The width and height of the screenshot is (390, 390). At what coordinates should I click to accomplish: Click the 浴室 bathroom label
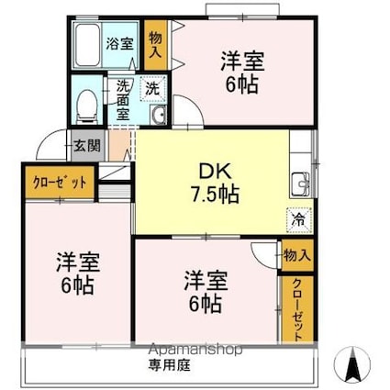point(120,43)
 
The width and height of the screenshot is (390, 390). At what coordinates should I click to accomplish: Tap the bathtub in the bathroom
point(87,45)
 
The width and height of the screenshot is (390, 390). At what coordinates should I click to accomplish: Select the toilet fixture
point(86,107)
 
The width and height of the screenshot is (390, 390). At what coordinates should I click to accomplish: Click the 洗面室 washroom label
point(123,101)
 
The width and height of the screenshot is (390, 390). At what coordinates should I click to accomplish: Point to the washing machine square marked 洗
point(153,89)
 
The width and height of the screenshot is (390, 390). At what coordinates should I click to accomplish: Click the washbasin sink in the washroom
point(158,115)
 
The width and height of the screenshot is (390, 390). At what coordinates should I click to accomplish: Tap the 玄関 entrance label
point(87,146)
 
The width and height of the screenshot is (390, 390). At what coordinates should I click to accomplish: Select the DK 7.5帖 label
point(215,184)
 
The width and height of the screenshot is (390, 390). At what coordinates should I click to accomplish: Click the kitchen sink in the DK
point(301,184)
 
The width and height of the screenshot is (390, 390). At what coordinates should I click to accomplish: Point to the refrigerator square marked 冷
point(299,220)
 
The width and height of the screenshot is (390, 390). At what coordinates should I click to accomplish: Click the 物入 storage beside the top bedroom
point(155,45)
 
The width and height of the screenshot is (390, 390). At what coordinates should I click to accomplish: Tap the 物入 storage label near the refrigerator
point(297,255)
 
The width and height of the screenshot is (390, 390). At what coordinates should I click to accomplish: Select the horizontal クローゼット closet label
point(60,183)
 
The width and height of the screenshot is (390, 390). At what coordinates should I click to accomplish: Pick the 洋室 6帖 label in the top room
point(242,72)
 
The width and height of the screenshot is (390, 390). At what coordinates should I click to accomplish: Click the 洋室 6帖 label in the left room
point(78,273)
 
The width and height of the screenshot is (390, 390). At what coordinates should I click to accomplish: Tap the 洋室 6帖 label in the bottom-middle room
point(206,292)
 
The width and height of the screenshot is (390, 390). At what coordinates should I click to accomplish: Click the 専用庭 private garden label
point(169,365)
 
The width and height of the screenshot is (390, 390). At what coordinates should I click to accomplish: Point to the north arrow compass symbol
point(352,364)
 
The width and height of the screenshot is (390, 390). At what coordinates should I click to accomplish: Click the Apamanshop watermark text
point(195,350)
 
